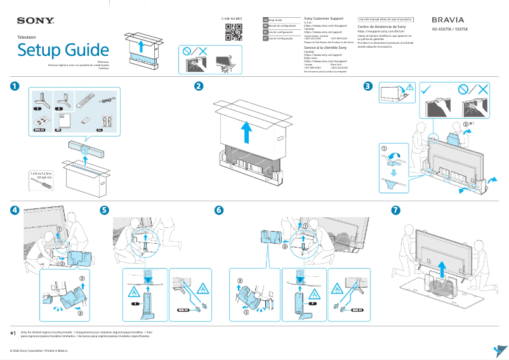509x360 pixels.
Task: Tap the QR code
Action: click(x=234, y=31)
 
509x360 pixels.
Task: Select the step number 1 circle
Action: click(x=14, y=86)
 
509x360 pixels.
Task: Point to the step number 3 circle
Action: click(x=367, y=86)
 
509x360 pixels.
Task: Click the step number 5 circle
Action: click(x=105, y=210)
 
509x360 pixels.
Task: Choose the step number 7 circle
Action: click(x=396, y=210)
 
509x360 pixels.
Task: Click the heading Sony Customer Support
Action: click(x=324, y=19)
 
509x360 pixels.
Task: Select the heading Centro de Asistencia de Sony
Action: click(x=381, y=27)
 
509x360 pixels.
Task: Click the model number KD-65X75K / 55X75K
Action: click(x=450, y=30)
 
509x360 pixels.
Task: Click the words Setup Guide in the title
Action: click(x=63, y=50)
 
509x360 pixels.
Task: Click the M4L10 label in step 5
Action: click(x=183, y=310)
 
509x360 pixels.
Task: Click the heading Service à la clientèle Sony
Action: click(x=326, y=48)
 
